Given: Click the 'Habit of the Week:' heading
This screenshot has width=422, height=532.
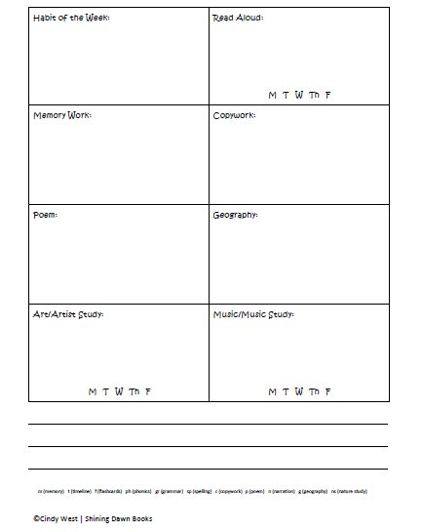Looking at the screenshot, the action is coord(71,18).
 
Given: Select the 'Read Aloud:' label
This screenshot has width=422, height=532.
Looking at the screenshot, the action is coord(238,18).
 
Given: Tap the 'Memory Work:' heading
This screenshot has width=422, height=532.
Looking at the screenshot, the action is coord(62,115).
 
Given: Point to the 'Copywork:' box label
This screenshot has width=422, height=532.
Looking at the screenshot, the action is coord(234,115).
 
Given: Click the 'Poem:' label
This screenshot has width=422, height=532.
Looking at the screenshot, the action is coord(45,215).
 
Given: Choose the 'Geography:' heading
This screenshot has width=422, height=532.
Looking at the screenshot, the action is coord(235,215).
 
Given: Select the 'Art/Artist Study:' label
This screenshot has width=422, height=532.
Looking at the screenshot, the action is coord(68,314).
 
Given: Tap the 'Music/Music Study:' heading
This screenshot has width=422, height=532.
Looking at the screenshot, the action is coord(252,314).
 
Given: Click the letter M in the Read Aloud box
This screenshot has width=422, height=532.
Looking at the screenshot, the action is coord(273,95).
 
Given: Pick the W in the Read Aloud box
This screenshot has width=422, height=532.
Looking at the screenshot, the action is coord(298,95).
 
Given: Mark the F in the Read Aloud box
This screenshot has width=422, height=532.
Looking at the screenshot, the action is coord(328,95).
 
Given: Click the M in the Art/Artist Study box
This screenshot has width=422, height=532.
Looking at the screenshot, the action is coord(93,391).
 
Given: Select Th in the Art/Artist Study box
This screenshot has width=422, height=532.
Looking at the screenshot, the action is coord(134,391).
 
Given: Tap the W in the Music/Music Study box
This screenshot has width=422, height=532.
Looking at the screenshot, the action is coord(298,391).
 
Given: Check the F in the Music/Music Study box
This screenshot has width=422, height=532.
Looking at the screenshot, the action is coord(328,391).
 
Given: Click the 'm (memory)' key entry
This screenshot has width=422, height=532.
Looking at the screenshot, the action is coord(51,490).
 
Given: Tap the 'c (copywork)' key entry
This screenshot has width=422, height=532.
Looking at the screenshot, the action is coord(229,490).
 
